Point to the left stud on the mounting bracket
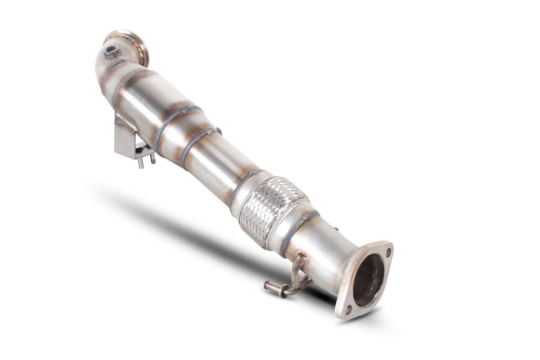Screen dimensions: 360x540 (141, 162)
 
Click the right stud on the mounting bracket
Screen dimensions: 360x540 (153, 158)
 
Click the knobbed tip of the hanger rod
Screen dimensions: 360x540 (267, 284)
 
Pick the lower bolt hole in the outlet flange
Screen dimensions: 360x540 (347, 309)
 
